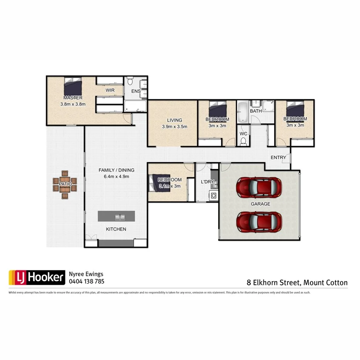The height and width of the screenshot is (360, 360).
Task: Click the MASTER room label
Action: point(73,98)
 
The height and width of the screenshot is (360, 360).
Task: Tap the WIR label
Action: point(110,90)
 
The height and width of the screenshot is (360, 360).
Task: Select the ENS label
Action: point(136,92)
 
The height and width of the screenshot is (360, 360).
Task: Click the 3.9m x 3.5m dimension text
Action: point(174,126)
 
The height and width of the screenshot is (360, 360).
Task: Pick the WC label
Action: point(243,134)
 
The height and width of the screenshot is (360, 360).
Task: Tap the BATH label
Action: point(256,111)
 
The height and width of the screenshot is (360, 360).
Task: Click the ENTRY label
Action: point(278,158)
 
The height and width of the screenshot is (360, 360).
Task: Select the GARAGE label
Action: point(260,204)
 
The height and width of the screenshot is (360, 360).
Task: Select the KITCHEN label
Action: point(116,229)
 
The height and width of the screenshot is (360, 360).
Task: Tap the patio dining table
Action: point(65,184)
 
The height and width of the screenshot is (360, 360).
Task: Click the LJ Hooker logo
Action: point(37,277)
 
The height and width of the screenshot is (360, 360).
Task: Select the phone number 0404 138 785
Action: point(86,282)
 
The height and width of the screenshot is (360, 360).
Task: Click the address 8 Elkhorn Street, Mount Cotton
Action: point(297,283)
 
